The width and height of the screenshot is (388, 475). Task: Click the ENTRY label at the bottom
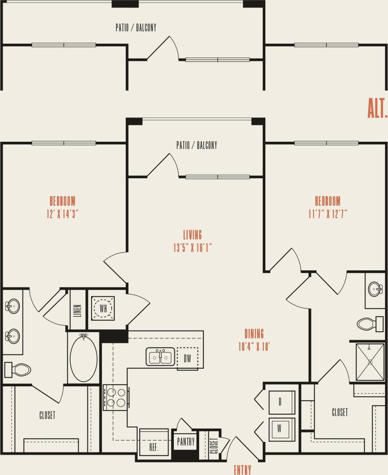[243, 469]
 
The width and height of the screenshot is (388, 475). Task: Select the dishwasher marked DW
[187, 358]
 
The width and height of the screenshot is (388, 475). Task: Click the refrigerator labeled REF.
[154, 443]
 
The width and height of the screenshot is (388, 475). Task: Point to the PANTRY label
[186, 442]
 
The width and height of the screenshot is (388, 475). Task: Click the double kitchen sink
[160, 357]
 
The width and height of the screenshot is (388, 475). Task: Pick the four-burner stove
[115, 397]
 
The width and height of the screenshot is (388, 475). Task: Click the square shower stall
[370, 362]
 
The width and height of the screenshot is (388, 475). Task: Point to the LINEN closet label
[78, 310]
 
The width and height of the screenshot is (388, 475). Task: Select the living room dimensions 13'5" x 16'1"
[192, 248]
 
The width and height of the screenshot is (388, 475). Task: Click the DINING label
[254, 333]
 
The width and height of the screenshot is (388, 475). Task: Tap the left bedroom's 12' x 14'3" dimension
[62, 213]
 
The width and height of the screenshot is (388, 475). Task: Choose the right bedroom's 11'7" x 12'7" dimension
[327, 213]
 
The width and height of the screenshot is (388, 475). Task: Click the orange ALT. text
[377, 109]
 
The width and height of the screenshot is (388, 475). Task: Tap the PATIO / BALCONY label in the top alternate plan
[136, 28]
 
